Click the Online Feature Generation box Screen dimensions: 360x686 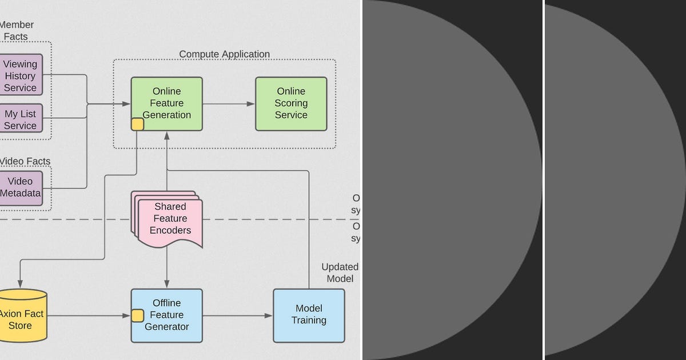point(166,103)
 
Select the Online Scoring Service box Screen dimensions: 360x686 point(291,103)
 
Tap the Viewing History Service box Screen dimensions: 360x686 point(21,76)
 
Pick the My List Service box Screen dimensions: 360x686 point(21,119)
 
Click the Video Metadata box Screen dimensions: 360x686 point(21,187)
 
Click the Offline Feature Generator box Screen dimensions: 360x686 point(166,315)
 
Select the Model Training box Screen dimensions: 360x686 point(309,315)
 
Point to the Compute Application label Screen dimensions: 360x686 point(224,54)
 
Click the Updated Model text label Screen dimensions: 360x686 point(340,273)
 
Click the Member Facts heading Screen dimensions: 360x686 point(17,30)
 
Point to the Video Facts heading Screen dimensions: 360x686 point(25,161)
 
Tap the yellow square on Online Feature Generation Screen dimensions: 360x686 point(137,125)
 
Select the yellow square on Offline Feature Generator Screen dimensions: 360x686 point(137,315)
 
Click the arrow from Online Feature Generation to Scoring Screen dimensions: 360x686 point(229,104)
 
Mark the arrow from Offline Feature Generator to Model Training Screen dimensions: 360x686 point(238,315)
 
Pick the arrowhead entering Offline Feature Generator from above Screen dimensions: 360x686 point(167,285)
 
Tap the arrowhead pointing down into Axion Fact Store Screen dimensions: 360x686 point(21,285)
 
